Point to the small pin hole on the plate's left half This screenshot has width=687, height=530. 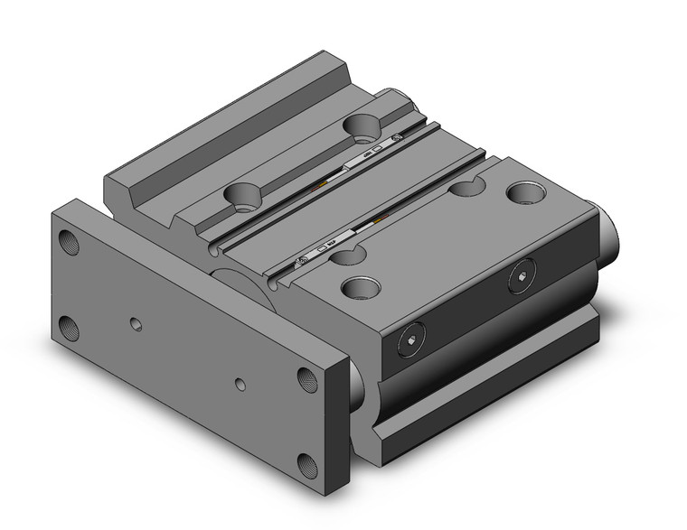pyautogui.click(x=135, y=323)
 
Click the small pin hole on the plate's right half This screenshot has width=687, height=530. pyautogui.click(x=239, y=385)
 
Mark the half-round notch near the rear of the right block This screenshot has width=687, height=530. pyautogui.click(x=466, y=188)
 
